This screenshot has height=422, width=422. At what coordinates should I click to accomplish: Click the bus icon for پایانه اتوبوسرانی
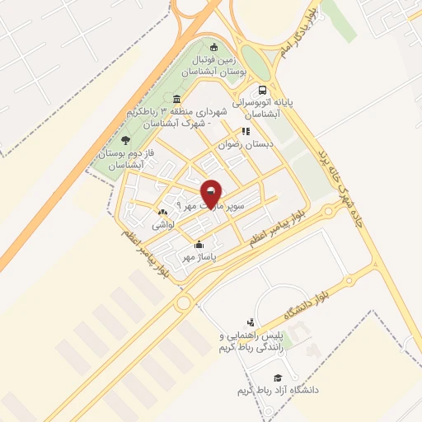(262, 91)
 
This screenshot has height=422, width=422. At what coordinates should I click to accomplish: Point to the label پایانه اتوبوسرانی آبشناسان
(262, 110)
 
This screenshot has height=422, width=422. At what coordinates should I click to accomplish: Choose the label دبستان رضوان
(244, 143)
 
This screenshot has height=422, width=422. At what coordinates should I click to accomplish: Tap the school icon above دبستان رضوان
(245, 130)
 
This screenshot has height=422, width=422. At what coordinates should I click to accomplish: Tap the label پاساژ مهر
(199, 257)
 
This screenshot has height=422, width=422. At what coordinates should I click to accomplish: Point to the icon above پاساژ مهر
(199, 244)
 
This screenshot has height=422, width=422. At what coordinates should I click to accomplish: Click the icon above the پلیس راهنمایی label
(250, 322)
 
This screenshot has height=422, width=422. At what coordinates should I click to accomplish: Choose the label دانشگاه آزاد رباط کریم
(277, 388)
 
